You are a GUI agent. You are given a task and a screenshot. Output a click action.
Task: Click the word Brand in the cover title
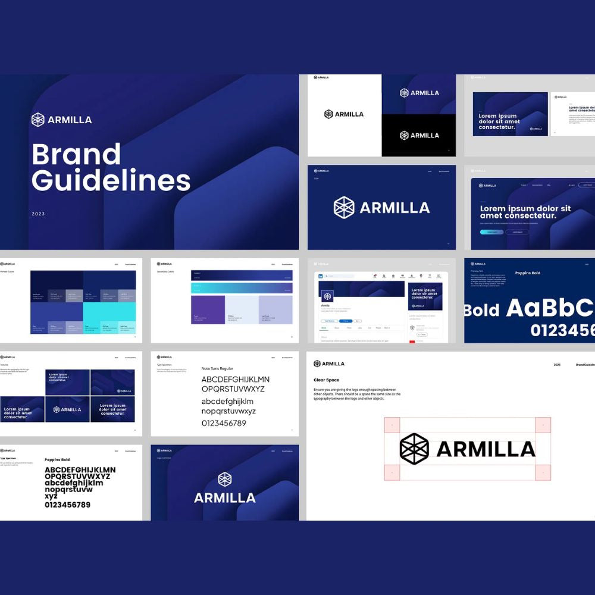point(76,154)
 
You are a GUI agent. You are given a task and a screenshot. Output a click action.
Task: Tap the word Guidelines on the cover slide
point(111,180)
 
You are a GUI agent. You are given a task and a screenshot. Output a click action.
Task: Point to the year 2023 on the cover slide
point(38,214)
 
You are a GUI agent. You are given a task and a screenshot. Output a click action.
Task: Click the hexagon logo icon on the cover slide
point(38,120)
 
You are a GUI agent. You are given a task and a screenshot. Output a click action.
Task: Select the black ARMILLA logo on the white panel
point(344,114)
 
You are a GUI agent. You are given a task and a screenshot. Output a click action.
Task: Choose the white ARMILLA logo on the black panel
point(419,135)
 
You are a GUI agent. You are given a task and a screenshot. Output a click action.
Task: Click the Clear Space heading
point(327,380)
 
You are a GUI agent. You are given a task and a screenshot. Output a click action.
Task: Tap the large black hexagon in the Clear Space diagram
point(414,449)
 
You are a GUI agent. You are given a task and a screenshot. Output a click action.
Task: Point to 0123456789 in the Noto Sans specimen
point(224,423)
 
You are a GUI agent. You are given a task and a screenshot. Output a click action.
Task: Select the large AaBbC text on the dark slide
point(550,308)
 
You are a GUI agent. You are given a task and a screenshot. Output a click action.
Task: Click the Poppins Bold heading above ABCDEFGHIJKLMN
point(57,459)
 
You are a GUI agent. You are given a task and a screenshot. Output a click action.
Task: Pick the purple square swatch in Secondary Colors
point(208,309)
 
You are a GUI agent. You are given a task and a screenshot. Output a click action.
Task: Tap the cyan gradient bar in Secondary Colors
point(242,288)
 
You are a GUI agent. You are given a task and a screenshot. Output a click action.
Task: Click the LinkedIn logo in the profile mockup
point(321,276)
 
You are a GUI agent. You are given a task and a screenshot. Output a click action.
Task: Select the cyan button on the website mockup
point(491,232)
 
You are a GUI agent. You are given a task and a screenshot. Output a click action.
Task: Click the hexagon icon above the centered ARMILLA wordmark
point(224,479)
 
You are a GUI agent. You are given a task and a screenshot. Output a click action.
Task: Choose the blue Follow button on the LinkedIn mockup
point(346,321)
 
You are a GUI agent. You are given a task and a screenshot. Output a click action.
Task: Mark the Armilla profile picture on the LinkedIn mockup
point(328,296)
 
